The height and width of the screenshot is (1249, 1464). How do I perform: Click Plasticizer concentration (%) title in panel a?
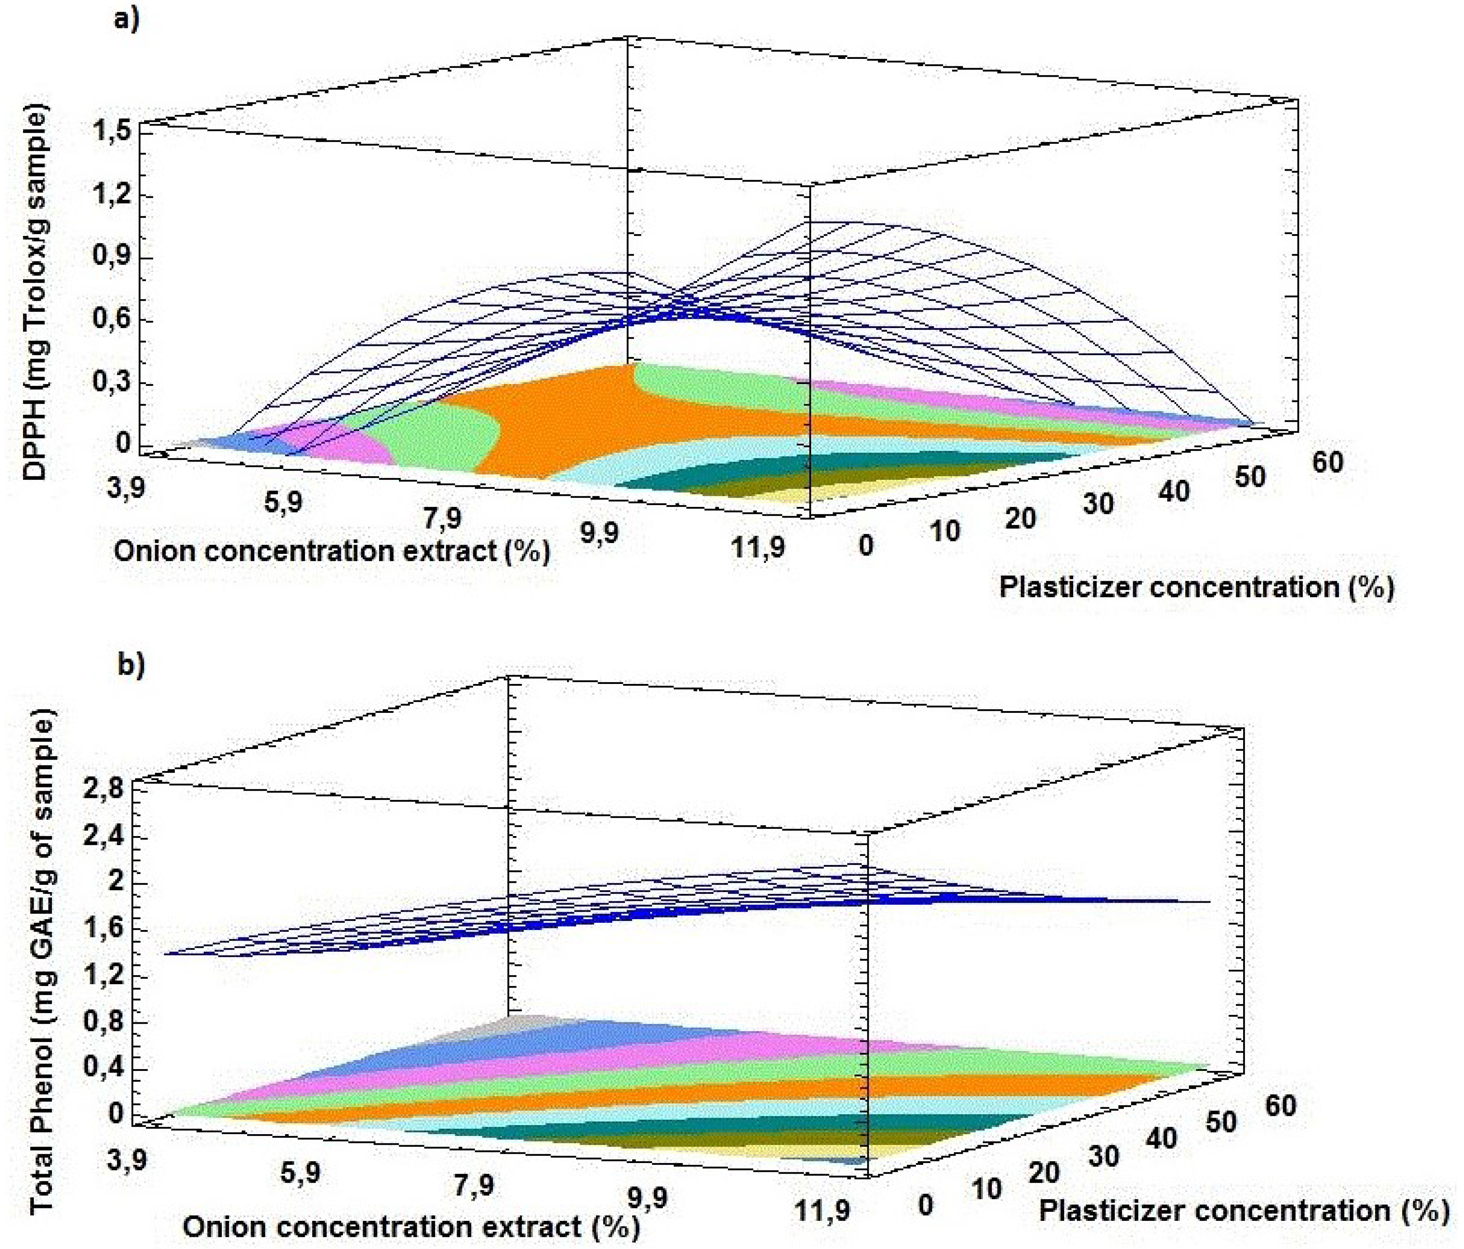point(1196,587)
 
